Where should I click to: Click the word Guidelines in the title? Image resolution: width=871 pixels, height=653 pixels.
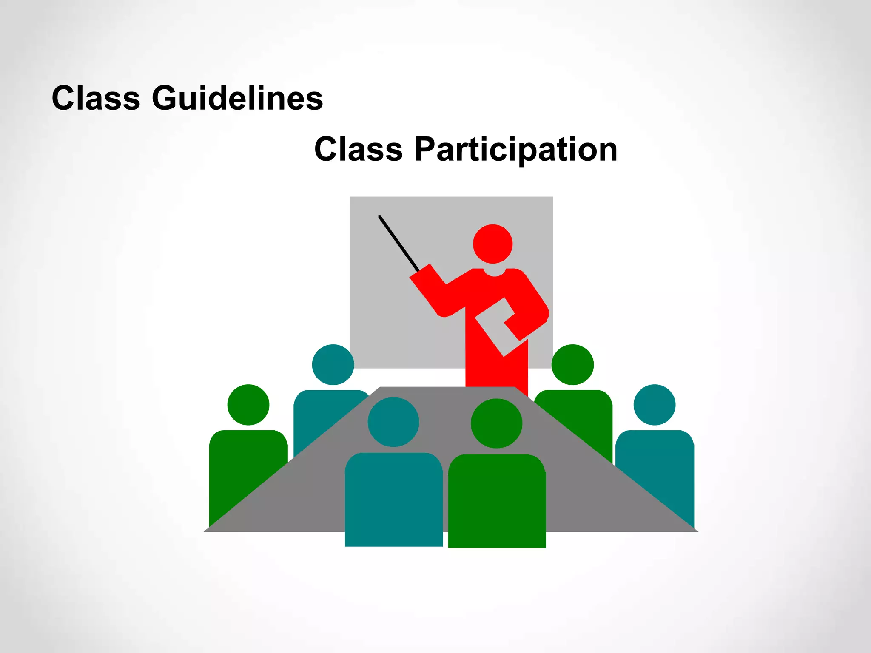(237, 98)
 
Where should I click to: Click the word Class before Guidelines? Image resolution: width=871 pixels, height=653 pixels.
(96, 98)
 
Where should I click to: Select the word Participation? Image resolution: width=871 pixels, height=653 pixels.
(515, 150)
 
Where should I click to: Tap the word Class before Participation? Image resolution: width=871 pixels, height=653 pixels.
(358, 149)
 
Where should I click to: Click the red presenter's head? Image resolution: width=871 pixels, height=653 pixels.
(492, 244)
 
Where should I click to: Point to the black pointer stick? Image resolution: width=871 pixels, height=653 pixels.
(398, 243)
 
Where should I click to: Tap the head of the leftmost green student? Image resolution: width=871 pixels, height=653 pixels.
(248, 405)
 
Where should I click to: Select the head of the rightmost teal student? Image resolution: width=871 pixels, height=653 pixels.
(654, 405)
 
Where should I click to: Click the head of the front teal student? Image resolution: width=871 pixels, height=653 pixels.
(393, 422)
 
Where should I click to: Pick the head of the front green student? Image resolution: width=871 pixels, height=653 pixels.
(496, 423)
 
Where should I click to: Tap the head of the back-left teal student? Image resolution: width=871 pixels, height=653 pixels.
(333, 365)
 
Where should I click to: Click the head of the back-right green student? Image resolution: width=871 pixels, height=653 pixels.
(572, 365)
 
